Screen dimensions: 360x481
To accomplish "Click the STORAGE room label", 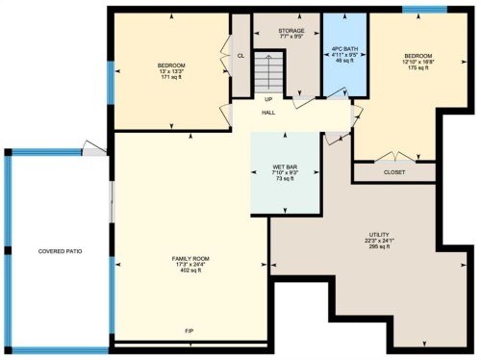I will (x=291, y=31).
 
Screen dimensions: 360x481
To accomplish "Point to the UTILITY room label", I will (x=377, y=233).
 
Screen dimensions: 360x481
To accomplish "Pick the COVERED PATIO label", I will (x=60, y=251).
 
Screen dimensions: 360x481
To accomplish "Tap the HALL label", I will (x=268, y=113).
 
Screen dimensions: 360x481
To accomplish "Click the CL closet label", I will (x=240, y=56).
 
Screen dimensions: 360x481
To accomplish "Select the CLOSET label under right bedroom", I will (x=394, y=172).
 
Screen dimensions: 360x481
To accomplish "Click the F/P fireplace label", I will (x=190, y=331).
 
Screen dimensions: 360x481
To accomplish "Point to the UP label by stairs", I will (x=268, y=97).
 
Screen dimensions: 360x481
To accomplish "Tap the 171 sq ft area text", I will (x=170, y=77).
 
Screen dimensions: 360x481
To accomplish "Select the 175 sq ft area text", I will (x=418, y=68).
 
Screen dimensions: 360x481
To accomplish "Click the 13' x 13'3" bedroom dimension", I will (x=170, y=70).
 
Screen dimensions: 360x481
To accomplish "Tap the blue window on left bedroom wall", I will (x=111, y=82).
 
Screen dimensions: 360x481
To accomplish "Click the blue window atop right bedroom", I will (x=418, y=10).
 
